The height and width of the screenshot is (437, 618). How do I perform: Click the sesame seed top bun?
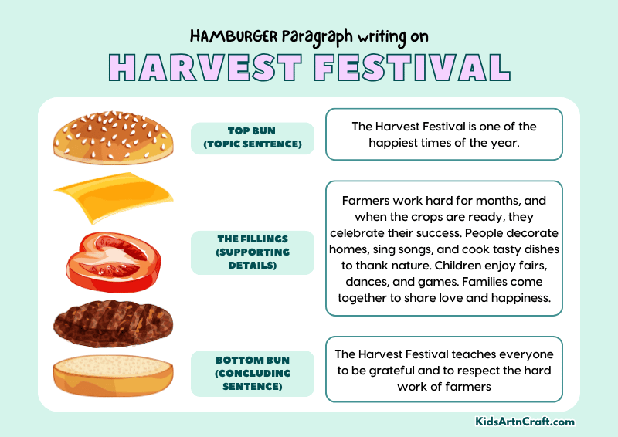(x=113, y=137)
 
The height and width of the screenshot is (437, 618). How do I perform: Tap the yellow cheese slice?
(x=112, y=197)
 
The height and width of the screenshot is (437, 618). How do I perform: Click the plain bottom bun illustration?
(x=113, y=375)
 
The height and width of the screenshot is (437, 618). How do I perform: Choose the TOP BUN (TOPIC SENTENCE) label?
(x=253, y=138)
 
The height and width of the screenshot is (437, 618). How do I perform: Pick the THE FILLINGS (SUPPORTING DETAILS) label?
(x=253, y=252)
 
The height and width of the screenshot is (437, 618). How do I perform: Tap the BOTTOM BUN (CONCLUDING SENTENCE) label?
(x=253, y=373)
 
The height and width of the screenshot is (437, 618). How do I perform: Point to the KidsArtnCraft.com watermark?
(x=525, y=422)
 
